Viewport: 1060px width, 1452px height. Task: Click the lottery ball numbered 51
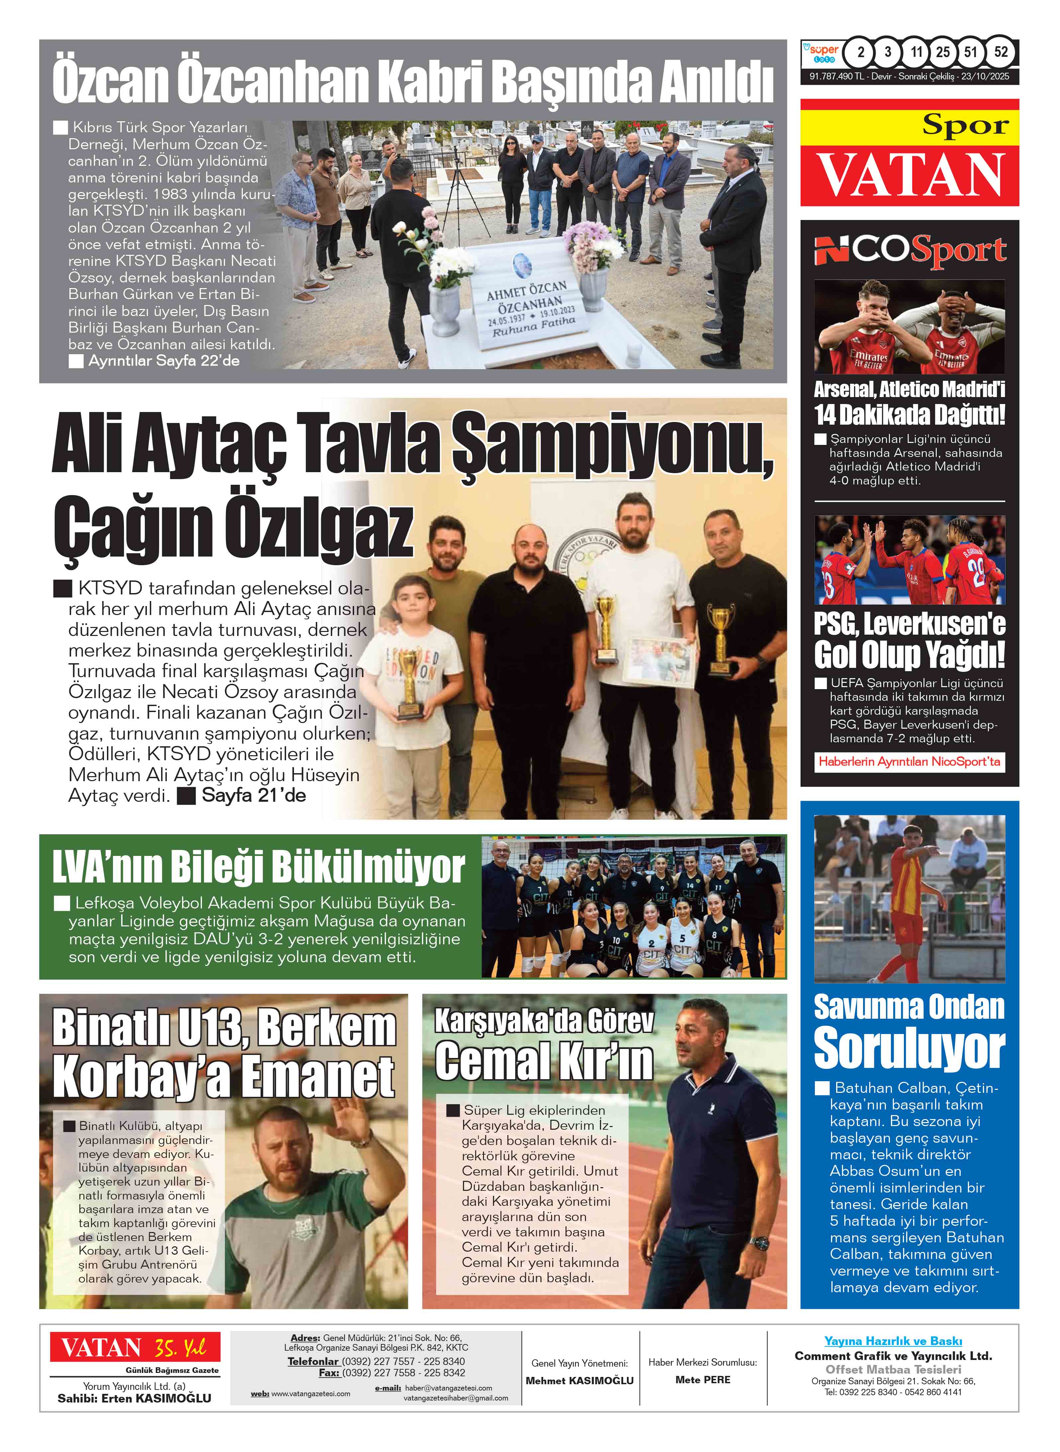[x=971, y=52]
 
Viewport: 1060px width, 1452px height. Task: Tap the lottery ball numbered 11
[x=915, y=52]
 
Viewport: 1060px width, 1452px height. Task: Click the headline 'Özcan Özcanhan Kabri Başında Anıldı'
[x=413, y=82]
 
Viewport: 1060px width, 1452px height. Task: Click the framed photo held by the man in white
[x=659, y=662]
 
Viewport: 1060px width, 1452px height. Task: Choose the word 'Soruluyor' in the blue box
[x=909, y=1049]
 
